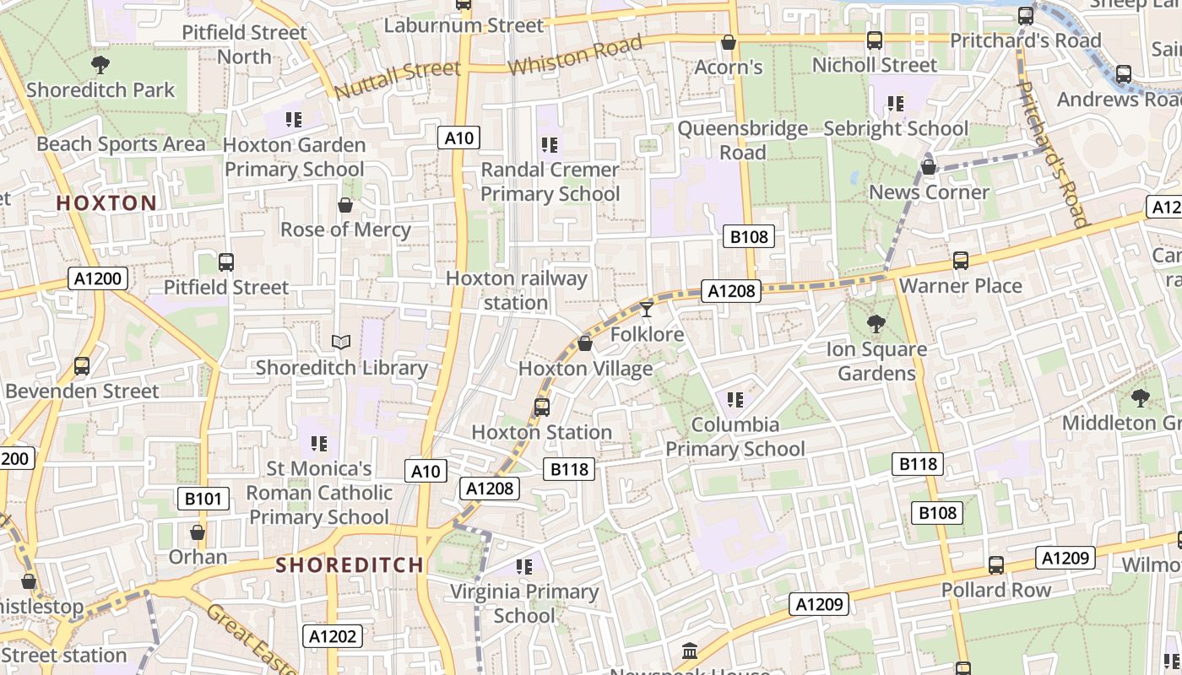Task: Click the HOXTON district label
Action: click(106, 202)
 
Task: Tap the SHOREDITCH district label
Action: click(350, 564)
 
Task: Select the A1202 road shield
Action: click(333, 636)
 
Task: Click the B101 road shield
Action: click(203, 499)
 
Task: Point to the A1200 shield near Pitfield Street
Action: click(98, 279)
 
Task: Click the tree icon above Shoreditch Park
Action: click(100, 64)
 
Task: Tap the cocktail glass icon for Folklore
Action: click(647, 310)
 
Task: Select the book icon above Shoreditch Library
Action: click(341, 342)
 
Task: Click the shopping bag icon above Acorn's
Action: click(729, 41)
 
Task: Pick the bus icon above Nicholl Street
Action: click(875, 40)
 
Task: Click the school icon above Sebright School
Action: click(896, 104)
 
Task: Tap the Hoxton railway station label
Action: click(516, 290)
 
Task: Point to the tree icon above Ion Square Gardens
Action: click(876, 323)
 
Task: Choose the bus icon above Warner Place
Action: click(961, 261)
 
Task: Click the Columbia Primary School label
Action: click(735, 436)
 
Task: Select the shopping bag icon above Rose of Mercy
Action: click(345, 205)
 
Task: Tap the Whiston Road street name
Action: click(575, 56)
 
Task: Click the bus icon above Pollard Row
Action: click(996, 564)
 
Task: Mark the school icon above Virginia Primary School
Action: click(524, 566)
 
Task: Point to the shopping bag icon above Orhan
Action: click(198, 532)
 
